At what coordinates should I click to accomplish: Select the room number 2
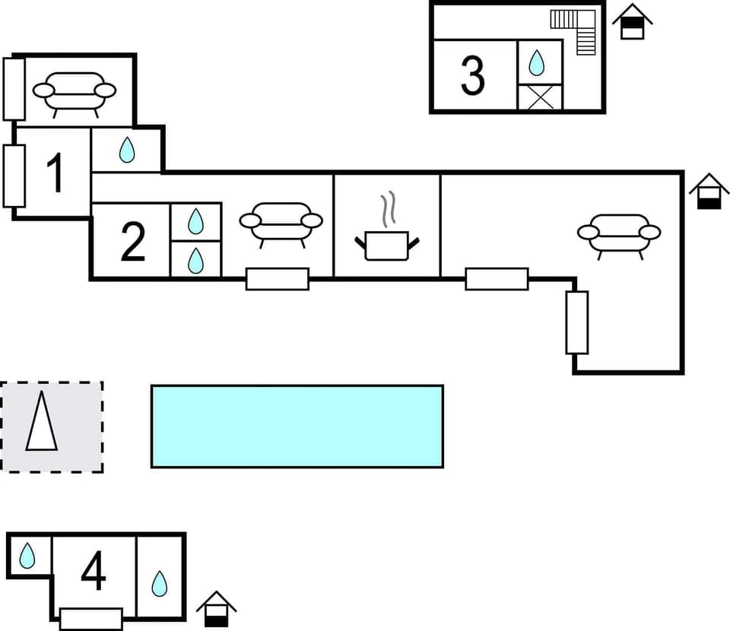tap(132, 243)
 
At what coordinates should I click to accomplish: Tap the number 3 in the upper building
tap(472, 76)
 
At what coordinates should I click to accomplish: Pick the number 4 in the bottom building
tap(93, 572)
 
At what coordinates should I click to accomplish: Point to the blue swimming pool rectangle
tap(297, 426)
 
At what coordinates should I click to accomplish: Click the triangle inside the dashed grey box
tap(42, 423)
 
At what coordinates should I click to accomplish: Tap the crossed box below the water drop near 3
tap(539, 98)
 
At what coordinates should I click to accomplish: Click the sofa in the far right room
tap(619, 233)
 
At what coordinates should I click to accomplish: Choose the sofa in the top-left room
tap(75, 92)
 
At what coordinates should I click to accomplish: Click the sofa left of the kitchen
tap(281, 221)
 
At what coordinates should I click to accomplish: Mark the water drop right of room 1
tap(127, 151)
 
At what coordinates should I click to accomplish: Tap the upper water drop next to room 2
tap(195, 221)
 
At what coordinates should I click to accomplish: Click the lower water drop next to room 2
tap(195, 260)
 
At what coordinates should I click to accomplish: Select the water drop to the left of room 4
tap(27, 556)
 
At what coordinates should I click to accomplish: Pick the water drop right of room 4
tap(159, 583)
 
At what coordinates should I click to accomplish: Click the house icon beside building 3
tap(632, 21)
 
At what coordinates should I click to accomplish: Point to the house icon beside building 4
tap(216, 609)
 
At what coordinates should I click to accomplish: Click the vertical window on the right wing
tap(577, 322)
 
